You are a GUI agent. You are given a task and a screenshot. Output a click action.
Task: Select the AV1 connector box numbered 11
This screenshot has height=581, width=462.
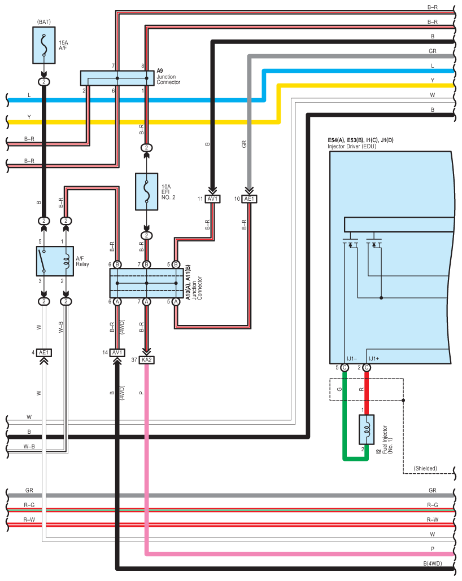click(213, 199)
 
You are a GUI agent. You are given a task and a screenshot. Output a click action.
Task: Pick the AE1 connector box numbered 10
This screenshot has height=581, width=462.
click(249, 199)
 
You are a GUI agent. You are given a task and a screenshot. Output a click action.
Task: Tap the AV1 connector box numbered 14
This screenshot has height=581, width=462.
click(117, 353)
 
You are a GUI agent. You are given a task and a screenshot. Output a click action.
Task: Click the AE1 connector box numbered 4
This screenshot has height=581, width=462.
click(44, 353)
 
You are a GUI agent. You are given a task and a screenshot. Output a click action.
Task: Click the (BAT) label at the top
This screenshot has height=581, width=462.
click(44, 21)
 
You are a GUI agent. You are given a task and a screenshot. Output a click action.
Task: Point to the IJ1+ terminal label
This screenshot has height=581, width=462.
click(374, 358)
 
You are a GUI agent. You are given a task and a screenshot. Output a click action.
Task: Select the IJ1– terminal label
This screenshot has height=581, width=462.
click(352, 358)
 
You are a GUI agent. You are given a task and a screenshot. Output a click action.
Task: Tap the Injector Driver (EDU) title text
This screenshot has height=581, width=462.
click(352, 146)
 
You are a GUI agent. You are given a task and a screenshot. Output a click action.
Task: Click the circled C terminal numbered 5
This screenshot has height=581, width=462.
click(345, 368)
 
